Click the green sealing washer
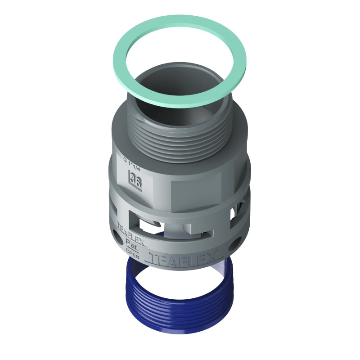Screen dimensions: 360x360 pyautogui.click(x=130, y=40)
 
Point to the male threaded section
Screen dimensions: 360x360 pyautogui.click(x=180, y=135)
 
